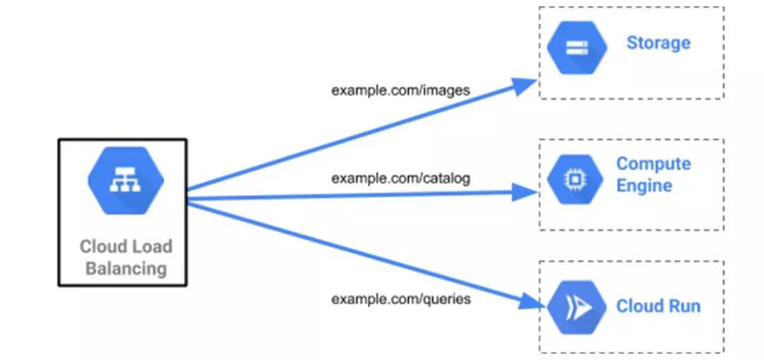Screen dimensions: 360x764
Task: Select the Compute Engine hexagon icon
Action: click(574, 180)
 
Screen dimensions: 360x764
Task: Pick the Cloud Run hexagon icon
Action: click(577, 308)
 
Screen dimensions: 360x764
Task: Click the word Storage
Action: click(658, 43)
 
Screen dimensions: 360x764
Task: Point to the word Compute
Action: click(653, 164)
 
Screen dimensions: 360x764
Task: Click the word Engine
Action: click(644, 186)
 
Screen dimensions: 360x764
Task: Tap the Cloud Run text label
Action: click(658, 306)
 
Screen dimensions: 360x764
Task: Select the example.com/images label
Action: click(400, 91)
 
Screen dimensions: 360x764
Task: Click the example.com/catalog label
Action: click(400, 178)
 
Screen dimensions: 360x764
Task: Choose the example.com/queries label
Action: click(400, 299)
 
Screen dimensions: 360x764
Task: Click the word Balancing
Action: click(126, 269)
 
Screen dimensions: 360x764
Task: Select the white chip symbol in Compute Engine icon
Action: click(574, 180)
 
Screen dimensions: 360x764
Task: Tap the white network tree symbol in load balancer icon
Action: click(125, 181)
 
